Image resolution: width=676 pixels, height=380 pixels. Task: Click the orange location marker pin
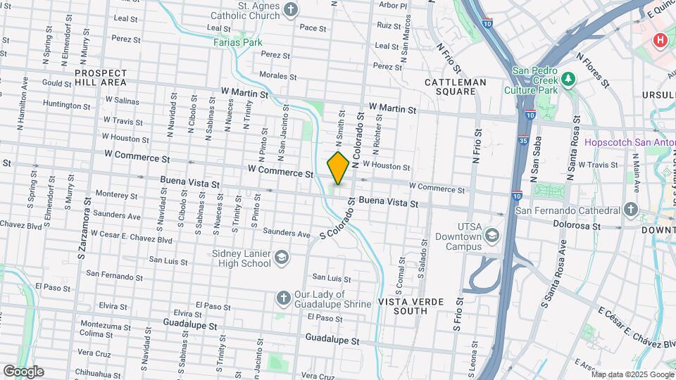338,168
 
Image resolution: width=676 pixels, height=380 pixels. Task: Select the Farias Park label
238,42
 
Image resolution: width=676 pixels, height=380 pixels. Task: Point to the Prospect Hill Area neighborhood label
101,77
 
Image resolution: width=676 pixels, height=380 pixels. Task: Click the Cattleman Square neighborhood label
456,87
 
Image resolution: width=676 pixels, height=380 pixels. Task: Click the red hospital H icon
660,40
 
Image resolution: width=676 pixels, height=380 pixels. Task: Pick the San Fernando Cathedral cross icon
630,210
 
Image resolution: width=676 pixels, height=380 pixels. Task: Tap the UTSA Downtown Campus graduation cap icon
492,235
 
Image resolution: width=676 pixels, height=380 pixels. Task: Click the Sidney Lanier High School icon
282,258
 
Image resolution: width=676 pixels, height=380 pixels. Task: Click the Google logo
23,372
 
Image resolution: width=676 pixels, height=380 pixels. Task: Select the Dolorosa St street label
576,227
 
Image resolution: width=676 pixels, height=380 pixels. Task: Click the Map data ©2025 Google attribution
632,374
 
